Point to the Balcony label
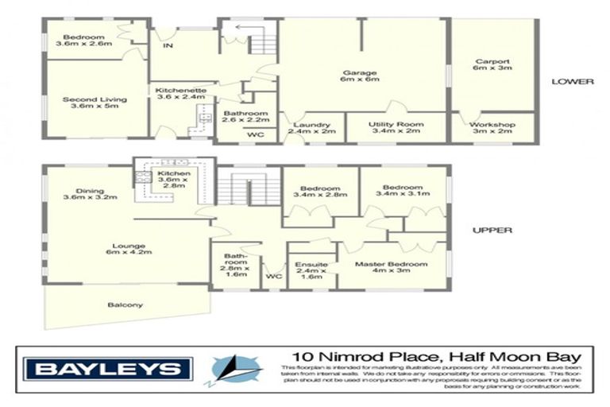125,304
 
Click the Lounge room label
125,246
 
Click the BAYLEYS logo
108,369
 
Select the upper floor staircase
249,191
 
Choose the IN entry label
168,46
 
